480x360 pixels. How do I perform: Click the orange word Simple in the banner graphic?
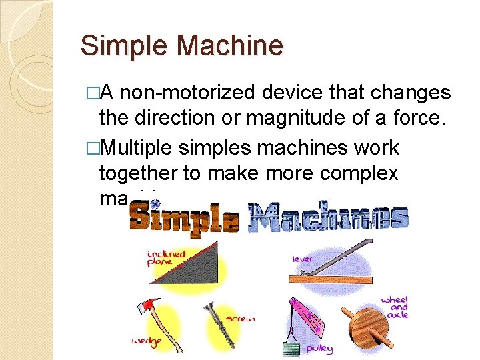click(x=184, y=217)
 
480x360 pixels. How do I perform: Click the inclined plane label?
click(x=166, y=257)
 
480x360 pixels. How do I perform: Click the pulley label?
click(x=319, y=348)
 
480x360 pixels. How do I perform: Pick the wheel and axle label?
click(x=396, y=307)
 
